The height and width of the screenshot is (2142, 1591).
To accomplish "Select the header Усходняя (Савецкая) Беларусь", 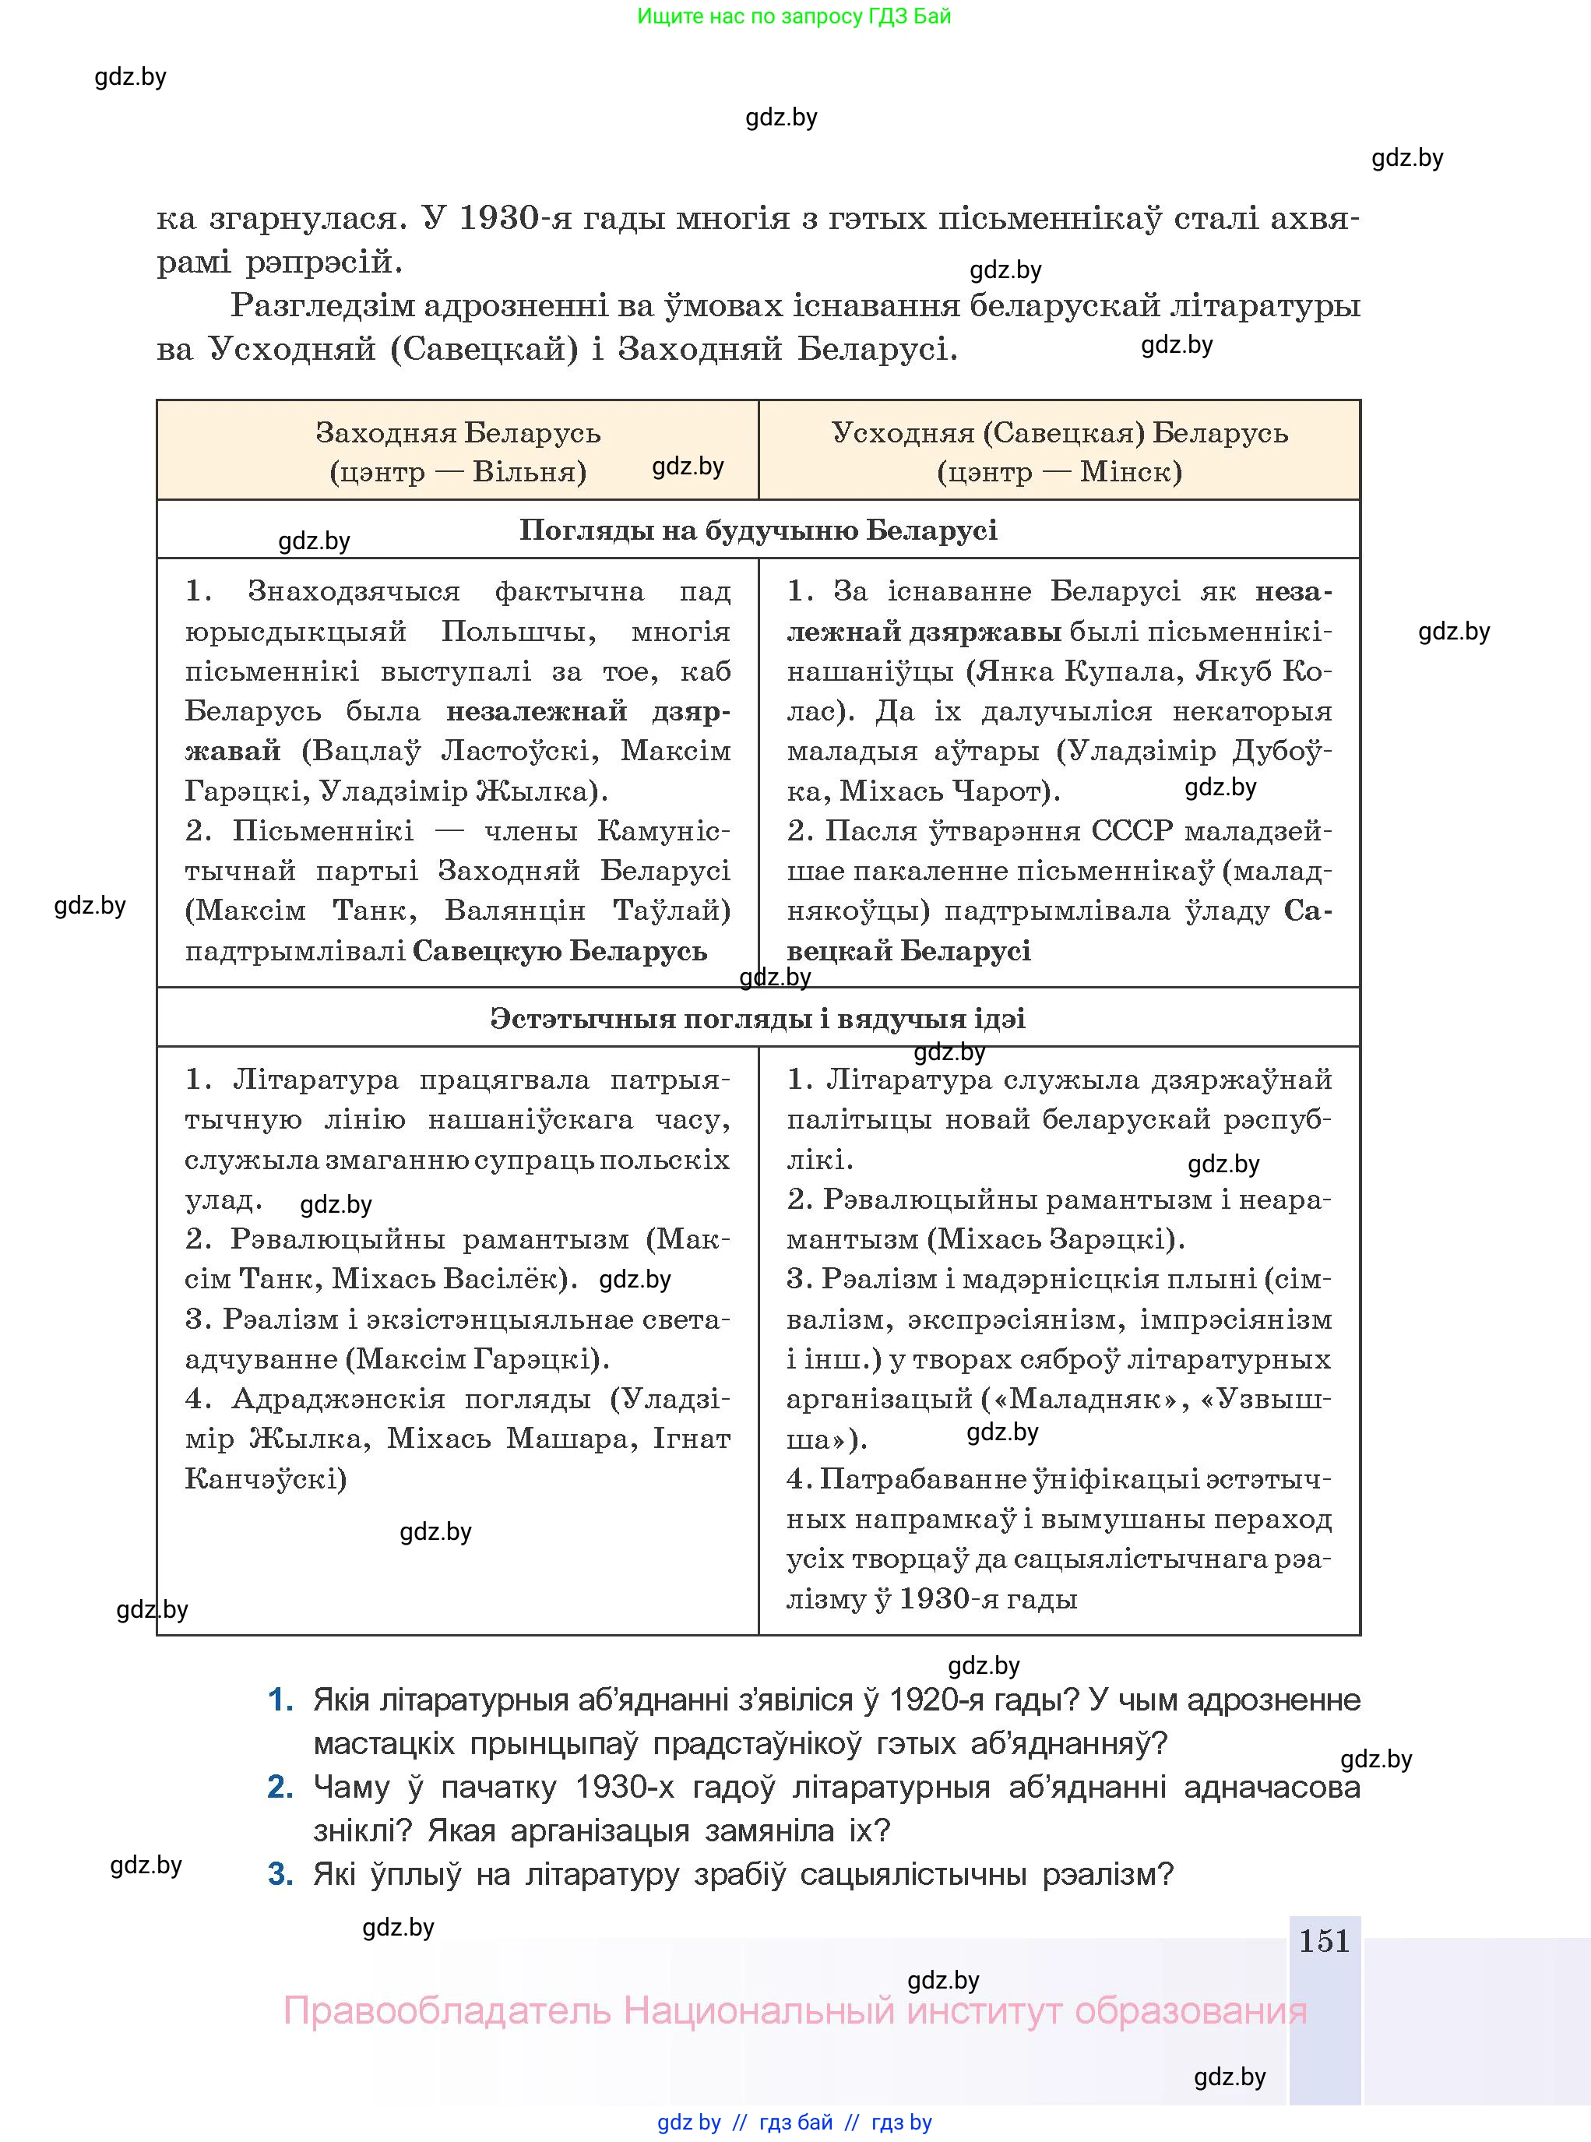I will pyautogui.click(x=1059, y=432).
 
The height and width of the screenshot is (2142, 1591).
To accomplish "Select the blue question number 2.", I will pyautogui.click(x=280, y=1787).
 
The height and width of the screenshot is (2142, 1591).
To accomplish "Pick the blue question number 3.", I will pyautogui.click(x=280, y=1873).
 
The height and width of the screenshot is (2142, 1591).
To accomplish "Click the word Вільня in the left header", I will pyautogui.click(x=529, y=472).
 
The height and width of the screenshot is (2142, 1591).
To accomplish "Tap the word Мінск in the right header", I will pyautogui.click(x=1130, y=472).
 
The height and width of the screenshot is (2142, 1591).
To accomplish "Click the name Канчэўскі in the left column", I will pyautogui.click(x=265, y=1478).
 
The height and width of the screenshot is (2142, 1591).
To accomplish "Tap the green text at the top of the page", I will pyautogui.click(x=794, y=16).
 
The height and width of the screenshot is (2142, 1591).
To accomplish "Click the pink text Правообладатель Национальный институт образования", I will pyautogui.click(x=794, y=2010).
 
